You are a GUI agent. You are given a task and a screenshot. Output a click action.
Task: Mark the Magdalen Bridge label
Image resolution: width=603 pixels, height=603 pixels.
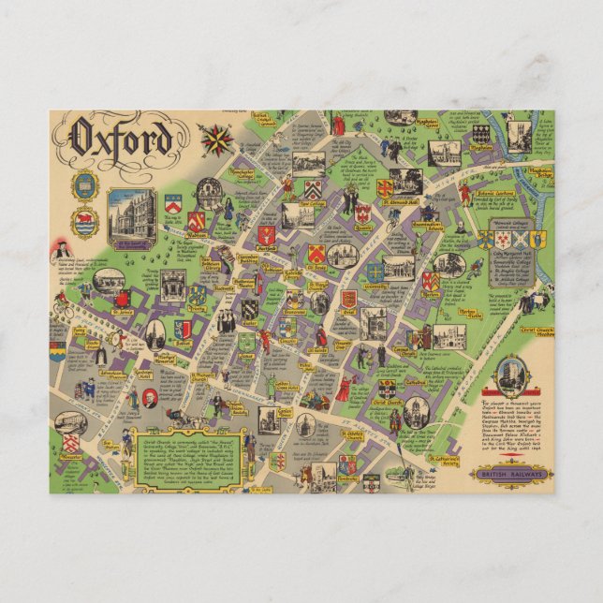[540, 173]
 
